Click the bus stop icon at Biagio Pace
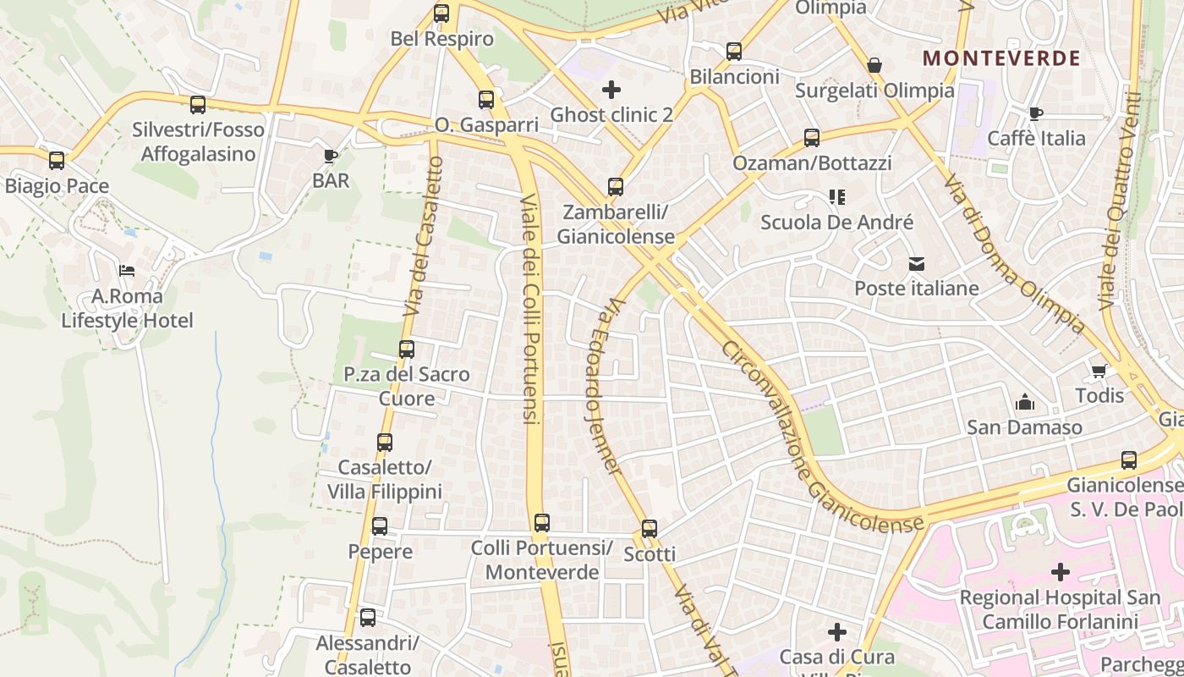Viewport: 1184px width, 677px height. [57, 161]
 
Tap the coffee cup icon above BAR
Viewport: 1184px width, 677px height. [330, 156]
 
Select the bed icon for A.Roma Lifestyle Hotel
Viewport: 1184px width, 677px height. [127, 271]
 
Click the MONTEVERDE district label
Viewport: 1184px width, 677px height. [1001, 58]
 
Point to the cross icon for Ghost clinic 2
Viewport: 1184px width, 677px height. [611, 90]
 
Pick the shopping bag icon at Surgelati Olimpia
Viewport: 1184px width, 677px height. [874, 65]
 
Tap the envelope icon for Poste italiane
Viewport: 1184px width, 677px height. [916, 264]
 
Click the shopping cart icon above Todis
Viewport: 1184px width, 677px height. [1099, 371]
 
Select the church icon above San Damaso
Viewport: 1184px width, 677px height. [1024, 402]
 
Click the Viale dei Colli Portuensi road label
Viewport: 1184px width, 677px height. [530, 309]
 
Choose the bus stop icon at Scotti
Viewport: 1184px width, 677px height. [649, 529]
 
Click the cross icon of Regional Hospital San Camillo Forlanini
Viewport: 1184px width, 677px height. [1060, 573]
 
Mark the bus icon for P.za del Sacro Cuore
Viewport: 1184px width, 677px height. [407, 350]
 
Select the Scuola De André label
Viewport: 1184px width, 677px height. [836, 223]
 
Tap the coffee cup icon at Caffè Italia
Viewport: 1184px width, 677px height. [1035, 113]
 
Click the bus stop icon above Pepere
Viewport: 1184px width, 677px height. [380, 526]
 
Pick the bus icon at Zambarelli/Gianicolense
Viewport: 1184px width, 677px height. [616, 187]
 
